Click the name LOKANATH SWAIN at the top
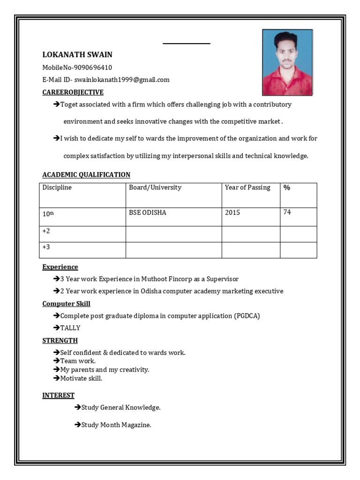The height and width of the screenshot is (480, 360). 77,55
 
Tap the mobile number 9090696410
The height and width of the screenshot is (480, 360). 93,67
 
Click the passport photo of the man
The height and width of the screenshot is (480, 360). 287,62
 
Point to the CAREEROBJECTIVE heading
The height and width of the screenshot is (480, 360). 73,92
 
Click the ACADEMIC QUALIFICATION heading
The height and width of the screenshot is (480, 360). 86,175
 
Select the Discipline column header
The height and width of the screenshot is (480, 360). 57,187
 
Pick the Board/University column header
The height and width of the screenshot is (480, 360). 155,187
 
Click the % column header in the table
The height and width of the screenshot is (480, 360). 287,187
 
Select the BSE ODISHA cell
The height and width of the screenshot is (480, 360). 148,213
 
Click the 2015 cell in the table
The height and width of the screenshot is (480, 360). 232,213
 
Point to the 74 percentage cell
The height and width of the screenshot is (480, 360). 287,212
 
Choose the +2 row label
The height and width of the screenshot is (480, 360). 46,232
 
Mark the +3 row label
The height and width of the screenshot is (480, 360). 46,247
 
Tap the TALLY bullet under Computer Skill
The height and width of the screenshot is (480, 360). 70,328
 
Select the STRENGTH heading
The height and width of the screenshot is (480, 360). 60,340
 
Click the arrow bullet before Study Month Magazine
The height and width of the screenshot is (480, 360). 77,425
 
